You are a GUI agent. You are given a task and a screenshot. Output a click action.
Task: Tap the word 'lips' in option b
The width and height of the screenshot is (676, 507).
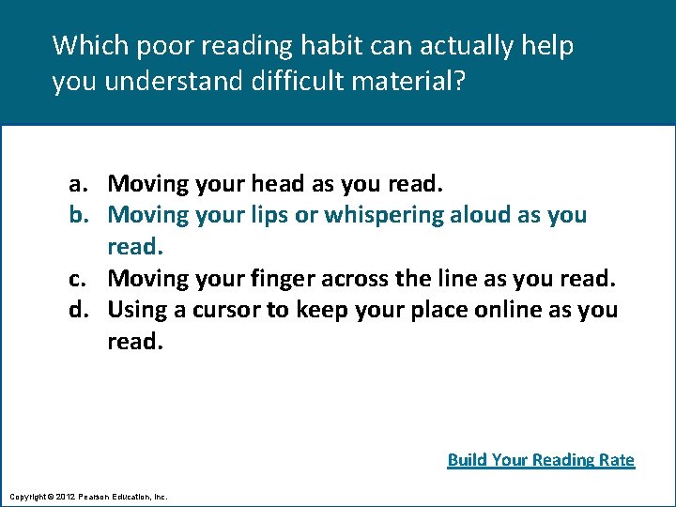268,215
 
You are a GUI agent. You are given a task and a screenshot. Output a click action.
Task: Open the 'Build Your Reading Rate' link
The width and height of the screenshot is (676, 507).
541,459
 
